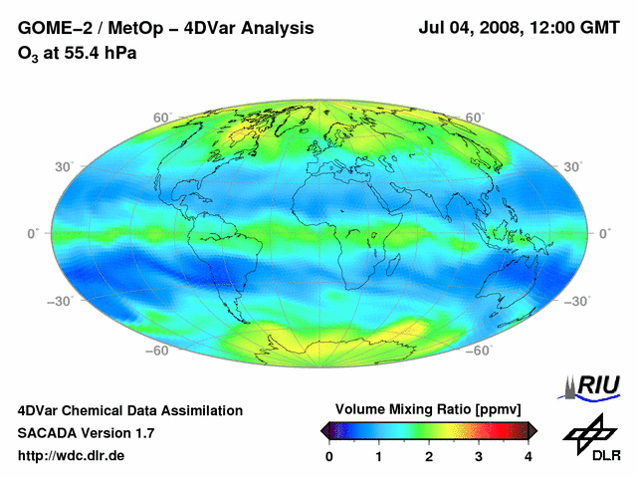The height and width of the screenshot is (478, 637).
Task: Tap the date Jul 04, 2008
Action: [x=474, y=29]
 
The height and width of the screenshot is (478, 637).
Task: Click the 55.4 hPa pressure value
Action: [x=98, y=53]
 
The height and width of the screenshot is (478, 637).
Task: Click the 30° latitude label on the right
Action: [x=572, y=166]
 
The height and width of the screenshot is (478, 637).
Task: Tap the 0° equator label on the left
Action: [x=33, y=233]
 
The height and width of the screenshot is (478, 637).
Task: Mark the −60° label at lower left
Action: [x=158, y=351]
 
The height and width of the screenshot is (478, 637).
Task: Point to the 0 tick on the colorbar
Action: [x=329, y=456]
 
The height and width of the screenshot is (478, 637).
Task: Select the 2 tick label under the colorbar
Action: [x=429, y=456]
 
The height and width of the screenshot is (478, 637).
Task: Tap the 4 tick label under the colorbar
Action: [x=529, y=456]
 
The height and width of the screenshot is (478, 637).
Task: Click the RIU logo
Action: [x=594, y=384]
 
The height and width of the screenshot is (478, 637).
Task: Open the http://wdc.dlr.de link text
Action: [x=72, y=456]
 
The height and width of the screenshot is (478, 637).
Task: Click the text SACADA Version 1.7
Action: [x=87, y=433]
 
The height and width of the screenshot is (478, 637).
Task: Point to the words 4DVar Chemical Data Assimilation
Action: [x=130, y=410]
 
